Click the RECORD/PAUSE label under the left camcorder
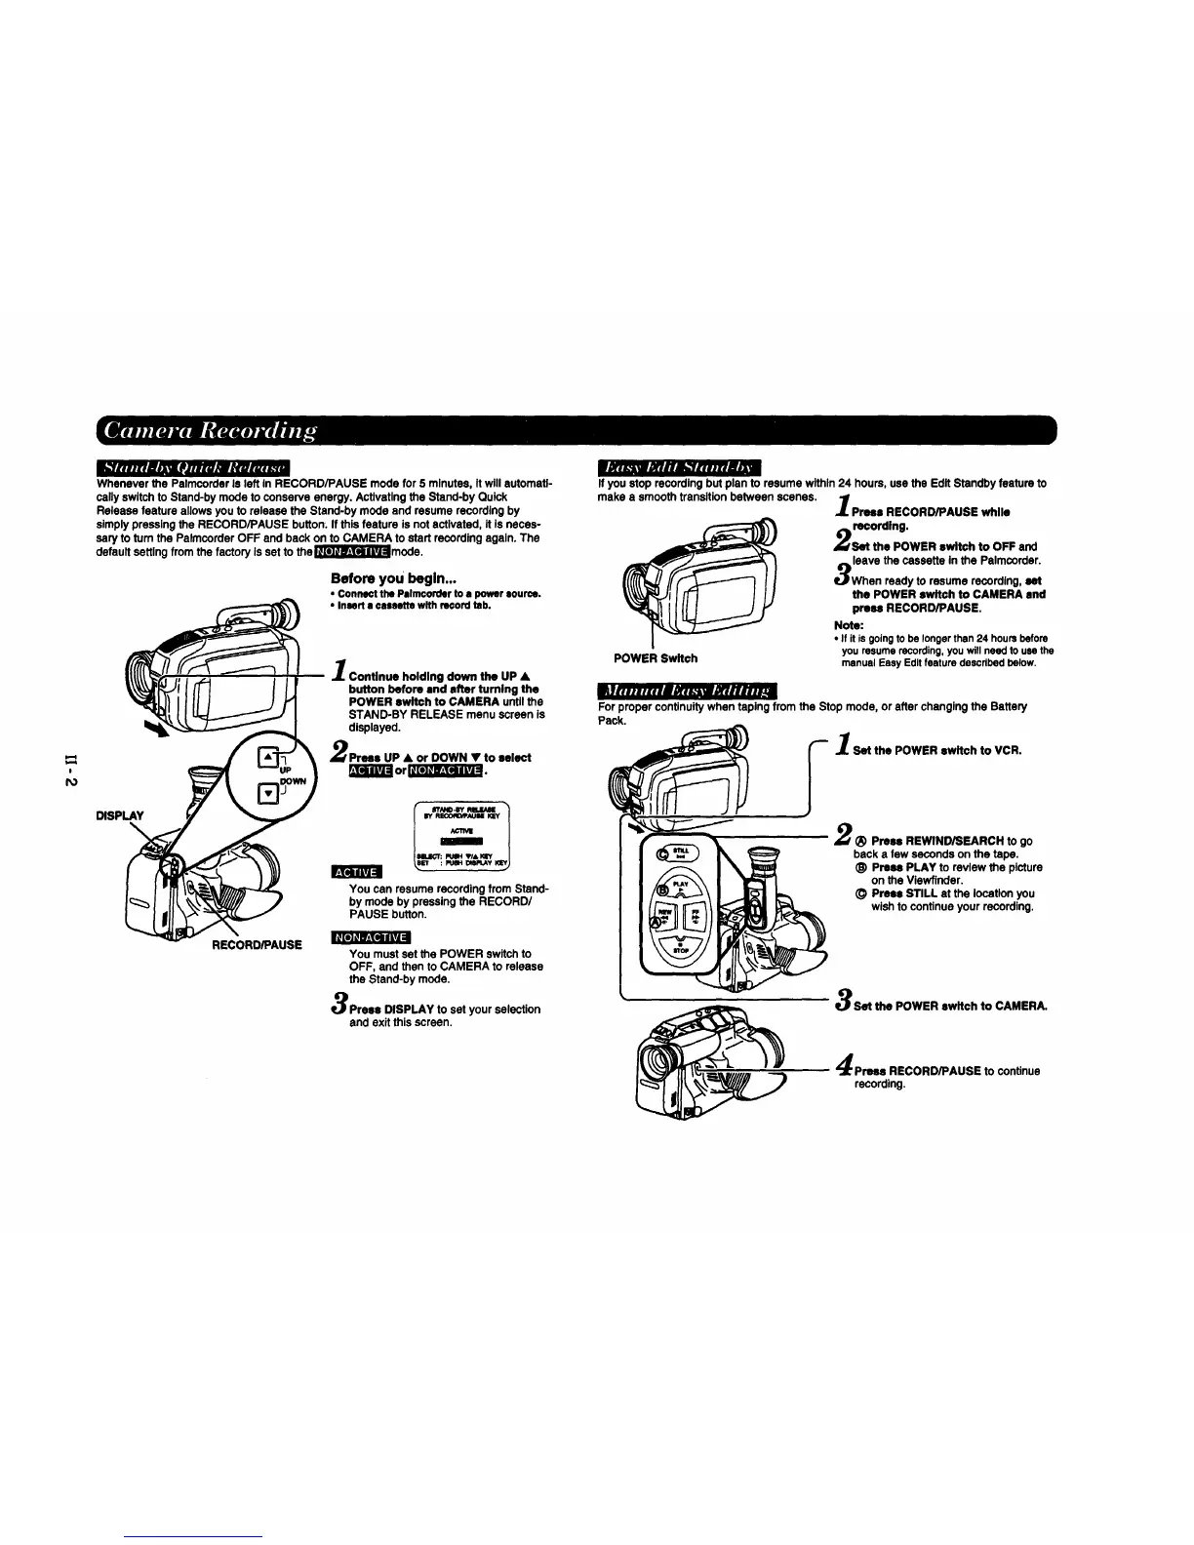[258, 944]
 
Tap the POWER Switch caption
[655, 658]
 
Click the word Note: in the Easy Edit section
[848, 625]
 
